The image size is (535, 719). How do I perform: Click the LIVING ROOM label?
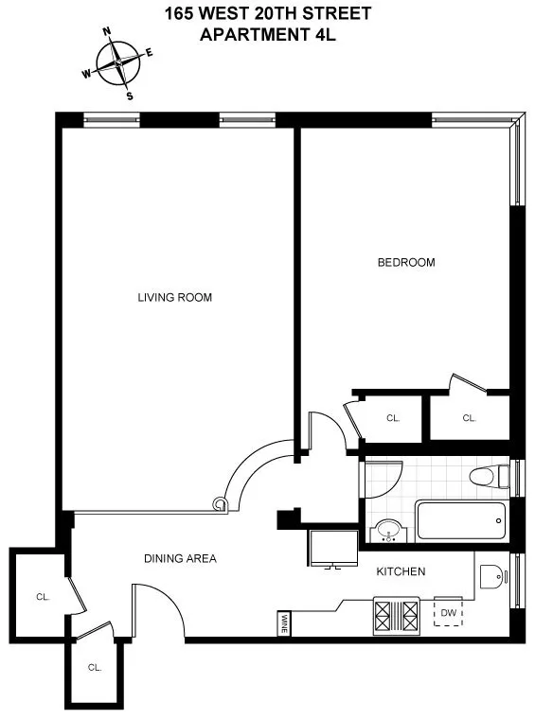(174, 297)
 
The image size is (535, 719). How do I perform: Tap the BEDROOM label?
(406, 262)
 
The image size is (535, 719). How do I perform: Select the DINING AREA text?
(180, 558)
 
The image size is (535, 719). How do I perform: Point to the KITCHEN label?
(401, 571)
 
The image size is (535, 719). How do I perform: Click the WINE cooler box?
(284, 623)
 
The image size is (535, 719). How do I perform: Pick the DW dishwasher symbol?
(448, 614)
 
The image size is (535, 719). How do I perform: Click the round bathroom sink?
(388, 532)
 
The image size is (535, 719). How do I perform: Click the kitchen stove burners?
(398, 617)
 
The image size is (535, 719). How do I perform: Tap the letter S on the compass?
(130, 96)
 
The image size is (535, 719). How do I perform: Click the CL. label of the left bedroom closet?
(393, 417)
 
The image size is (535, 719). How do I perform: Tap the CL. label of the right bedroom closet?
(469, 417)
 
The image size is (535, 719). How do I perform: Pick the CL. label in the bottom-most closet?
(94, 667)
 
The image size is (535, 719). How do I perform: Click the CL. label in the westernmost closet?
(42, 597)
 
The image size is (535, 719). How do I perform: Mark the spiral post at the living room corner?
(221, 503)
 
